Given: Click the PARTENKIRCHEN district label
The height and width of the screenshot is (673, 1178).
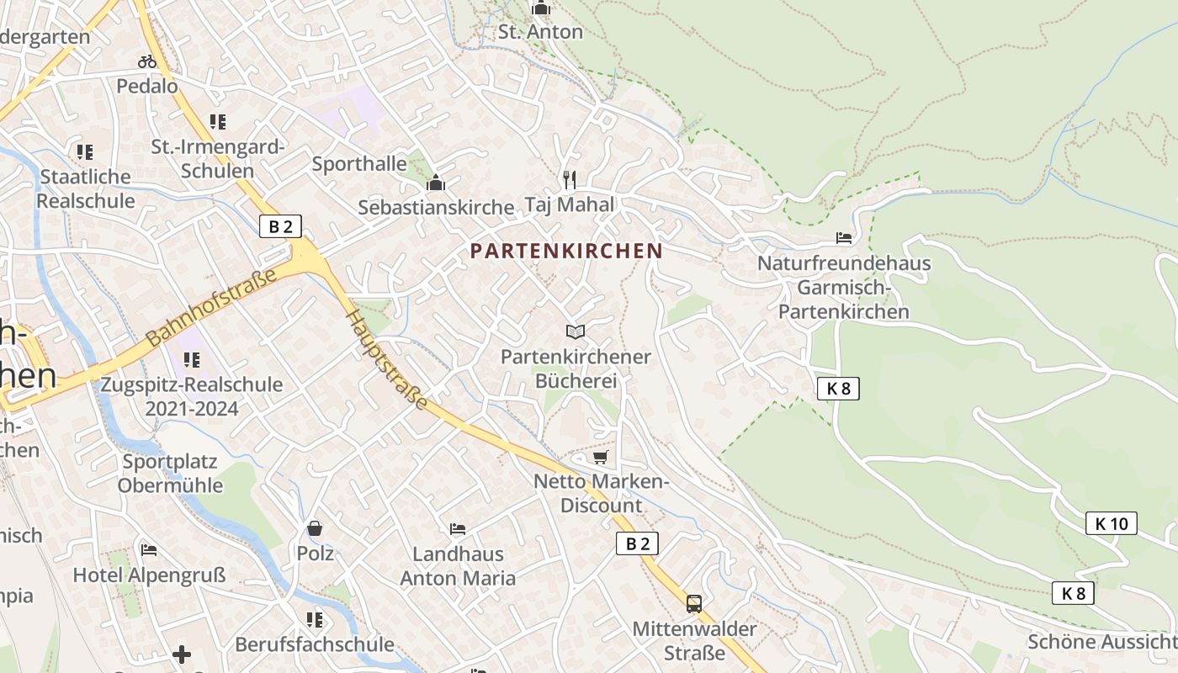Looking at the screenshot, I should point(566,251).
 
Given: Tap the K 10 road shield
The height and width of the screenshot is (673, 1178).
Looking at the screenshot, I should point(1111,523).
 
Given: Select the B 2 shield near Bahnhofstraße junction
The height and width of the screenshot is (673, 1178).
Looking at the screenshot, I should point(280,226).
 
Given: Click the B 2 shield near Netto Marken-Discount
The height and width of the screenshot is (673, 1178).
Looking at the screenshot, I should point(637,543).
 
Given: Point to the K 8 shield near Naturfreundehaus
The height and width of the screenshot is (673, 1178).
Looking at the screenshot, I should point(838,389).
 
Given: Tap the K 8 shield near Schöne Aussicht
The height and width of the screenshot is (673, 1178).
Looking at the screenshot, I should point(1073,593).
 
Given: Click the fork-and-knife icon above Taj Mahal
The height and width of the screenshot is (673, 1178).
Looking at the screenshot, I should point(570,179).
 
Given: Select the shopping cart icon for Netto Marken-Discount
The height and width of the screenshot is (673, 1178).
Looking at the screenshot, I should point(600,457).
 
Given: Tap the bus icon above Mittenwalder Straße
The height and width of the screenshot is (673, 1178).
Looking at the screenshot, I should point(694,603).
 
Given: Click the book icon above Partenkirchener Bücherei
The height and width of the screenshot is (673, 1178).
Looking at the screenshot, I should point(576,331).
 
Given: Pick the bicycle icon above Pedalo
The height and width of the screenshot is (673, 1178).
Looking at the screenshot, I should point(147,61).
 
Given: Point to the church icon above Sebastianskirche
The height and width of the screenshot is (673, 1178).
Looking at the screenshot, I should point(436,183).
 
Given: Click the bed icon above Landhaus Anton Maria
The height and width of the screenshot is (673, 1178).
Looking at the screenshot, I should point(458,529).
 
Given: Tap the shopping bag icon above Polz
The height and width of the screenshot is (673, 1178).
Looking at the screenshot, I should point(315,528).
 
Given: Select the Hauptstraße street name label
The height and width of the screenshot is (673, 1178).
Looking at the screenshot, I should point(388,358).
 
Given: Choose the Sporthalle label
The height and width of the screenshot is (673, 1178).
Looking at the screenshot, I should point(359,163).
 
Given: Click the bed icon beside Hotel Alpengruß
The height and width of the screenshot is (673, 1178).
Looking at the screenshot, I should point(149,551).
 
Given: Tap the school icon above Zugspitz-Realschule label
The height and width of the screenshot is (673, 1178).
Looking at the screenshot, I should point(192,360).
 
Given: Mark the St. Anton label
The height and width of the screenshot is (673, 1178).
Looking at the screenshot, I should point(540,32).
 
